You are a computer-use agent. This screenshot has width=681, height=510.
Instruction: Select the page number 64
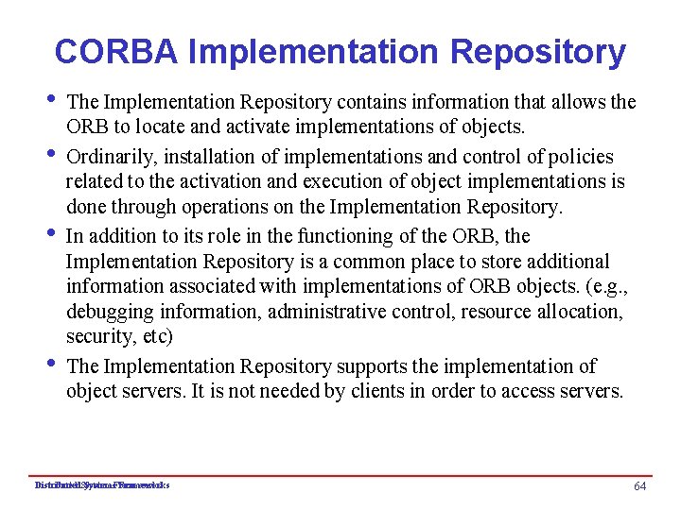click(640, 485)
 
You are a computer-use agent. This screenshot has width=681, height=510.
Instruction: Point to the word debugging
click(110, 311)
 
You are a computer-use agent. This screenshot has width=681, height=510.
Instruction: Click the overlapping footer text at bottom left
click(102, 485)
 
